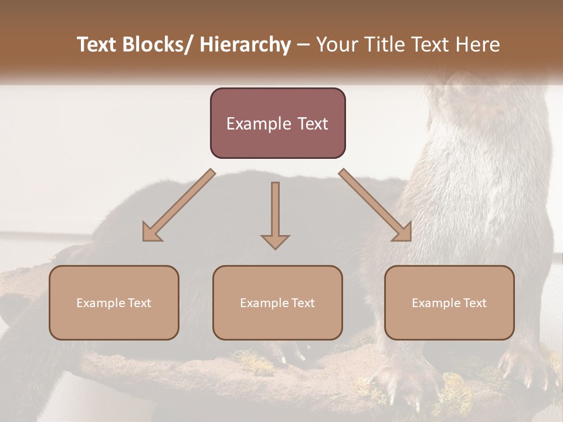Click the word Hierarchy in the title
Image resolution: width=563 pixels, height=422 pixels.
[245, 45]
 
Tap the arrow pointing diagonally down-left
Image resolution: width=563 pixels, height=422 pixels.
[179, 205]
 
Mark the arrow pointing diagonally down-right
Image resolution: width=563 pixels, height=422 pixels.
[375, 205]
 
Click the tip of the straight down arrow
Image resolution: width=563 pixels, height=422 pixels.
[275, 249]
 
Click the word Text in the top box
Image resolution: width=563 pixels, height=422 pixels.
[311, 124]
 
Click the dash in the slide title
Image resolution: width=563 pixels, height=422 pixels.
[303, 45]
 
